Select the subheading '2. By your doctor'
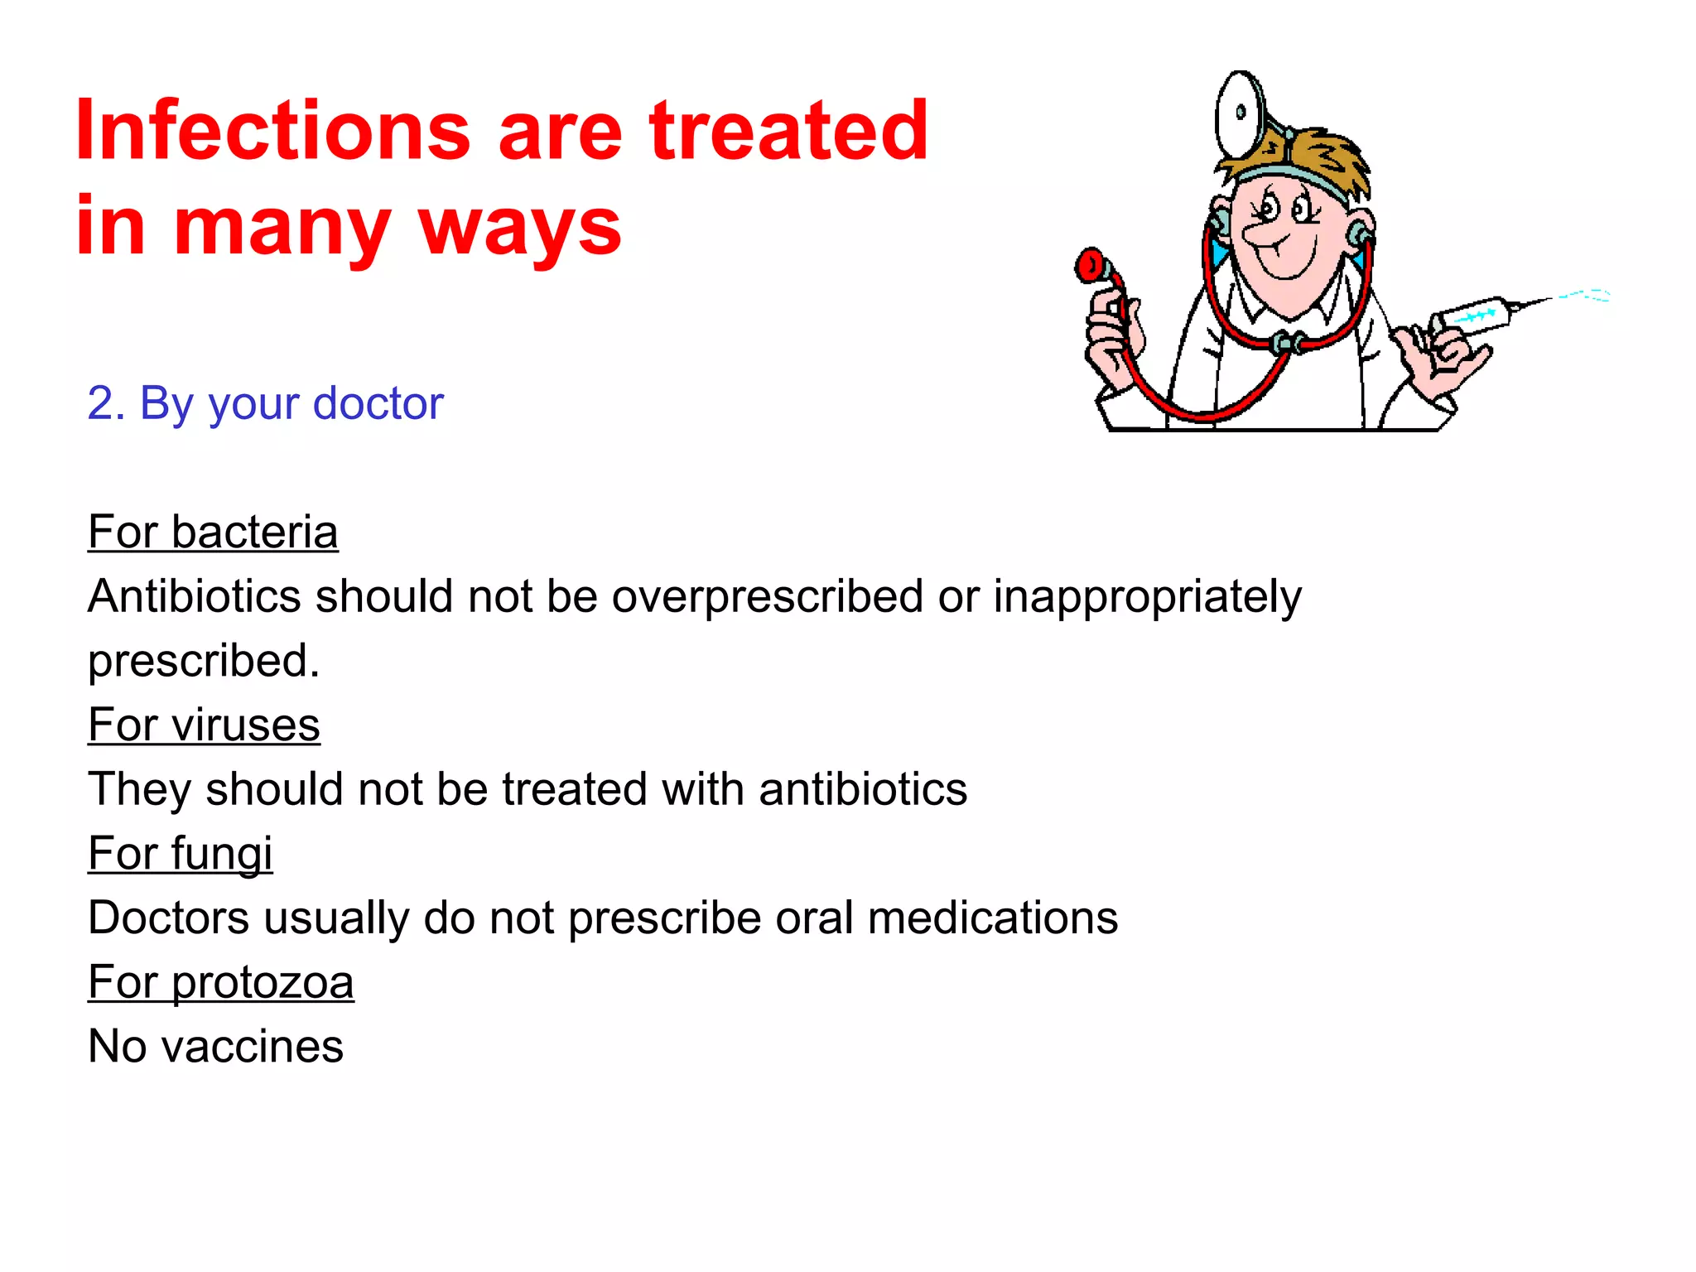coord(265,403)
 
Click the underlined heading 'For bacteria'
coord(213,532)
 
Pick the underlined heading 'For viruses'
coord(204,725)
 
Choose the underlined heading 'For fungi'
coord(180,854)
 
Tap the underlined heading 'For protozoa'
coord(220,982)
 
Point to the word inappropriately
coord(1147,597)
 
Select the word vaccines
coord(252,1047)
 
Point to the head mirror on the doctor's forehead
coord(1239,112)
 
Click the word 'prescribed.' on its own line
coord(204,662)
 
